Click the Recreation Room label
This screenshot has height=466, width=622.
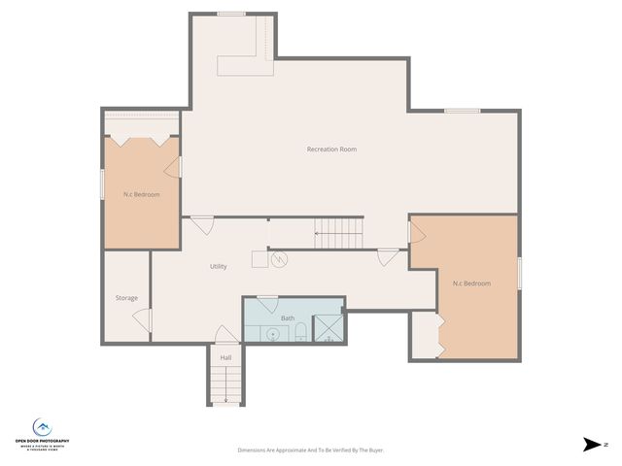pos(331,150)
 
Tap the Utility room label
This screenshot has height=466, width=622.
pos(219,266)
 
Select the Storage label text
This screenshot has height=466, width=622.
pos(126,298)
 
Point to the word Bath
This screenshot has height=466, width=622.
pos(288,318)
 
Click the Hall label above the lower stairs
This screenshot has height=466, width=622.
pos(225,358)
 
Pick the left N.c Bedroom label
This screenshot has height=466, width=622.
pos(141,195)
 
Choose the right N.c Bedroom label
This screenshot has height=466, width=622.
pos(471,283)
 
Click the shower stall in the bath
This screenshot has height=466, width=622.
pos(328,330)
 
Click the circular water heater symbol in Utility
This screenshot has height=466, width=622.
pos(279,260)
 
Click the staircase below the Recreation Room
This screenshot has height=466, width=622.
pos(338,234)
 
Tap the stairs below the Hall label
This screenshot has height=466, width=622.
pos(225,386)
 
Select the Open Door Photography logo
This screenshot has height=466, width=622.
pos(42,432)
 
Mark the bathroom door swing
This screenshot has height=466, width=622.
pos(267,304)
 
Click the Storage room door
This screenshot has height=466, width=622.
pos(144,319)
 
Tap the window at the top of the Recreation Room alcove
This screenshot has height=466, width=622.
pos(231,14)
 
